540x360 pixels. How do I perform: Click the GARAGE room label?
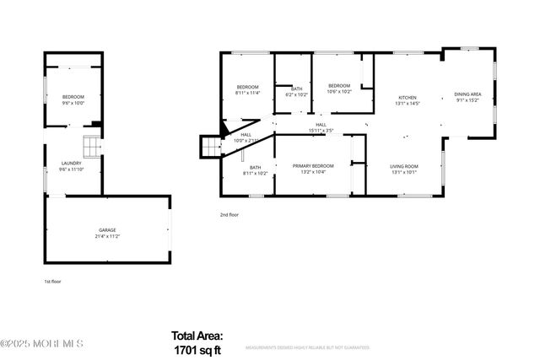[107, 229]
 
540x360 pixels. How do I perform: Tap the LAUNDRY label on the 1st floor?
[71, 163]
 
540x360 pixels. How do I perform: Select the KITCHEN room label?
[408, 98]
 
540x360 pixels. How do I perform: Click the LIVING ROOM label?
[403, 166]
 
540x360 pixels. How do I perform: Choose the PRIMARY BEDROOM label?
[313, 166]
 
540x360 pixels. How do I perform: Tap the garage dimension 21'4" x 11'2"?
[107, 236]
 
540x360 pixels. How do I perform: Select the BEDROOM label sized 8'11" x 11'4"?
[247, 87]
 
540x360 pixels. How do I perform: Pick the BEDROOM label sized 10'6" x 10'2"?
[339, 86]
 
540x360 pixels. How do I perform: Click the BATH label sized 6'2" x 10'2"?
[296, 89]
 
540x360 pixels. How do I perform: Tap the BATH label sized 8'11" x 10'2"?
[255, 167]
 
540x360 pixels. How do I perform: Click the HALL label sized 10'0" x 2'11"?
[246, 135]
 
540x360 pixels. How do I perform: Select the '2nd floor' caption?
[229, 215]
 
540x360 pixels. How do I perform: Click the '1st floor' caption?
[53, 282]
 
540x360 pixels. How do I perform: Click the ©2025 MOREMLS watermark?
[42, 343]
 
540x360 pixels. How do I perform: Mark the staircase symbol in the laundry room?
[90, 144]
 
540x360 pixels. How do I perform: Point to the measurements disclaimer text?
[307, 347]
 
